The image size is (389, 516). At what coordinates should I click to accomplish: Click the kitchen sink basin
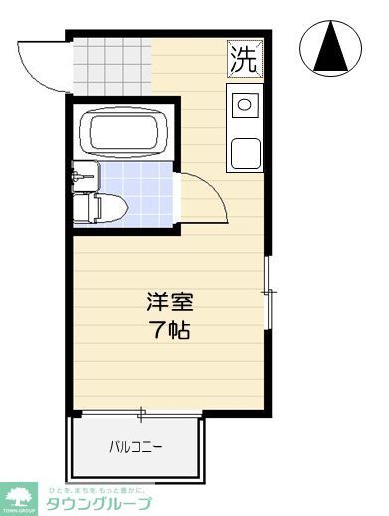click(244, 152)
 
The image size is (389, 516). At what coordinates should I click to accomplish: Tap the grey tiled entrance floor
click(109, 61)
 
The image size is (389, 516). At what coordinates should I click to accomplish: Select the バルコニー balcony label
click(135, 446)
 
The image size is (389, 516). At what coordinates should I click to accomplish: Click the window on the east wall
click(268, 292)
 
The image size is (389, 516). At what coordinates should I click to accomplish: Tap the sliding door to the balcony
click(139, 412)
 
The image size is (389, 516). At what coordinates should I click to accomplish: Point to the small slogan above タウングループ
click(96, 488)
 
